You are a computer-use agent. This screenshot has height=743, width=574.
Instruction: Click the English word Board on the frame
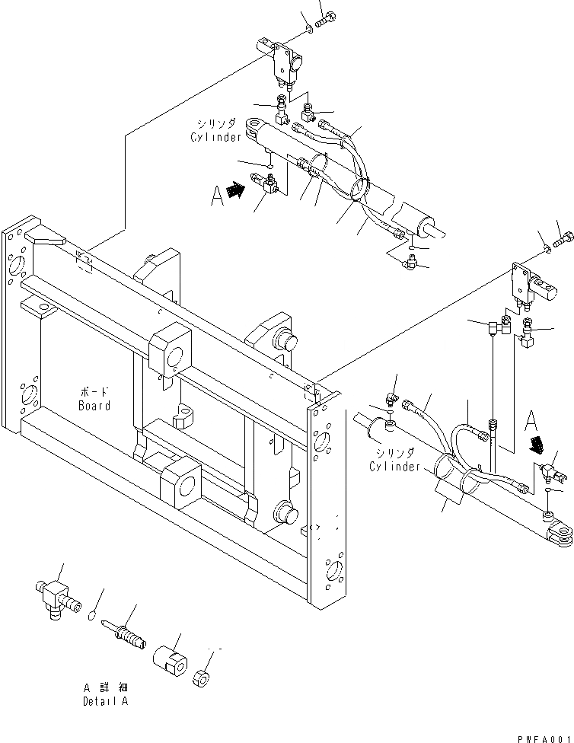pos(94,406)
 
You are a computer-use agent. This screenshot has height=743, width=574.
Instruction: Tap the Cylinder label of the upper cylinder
pos(215,137)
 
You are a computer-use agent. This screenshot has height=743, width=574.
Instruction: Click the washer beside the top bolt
pos(309,28)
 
